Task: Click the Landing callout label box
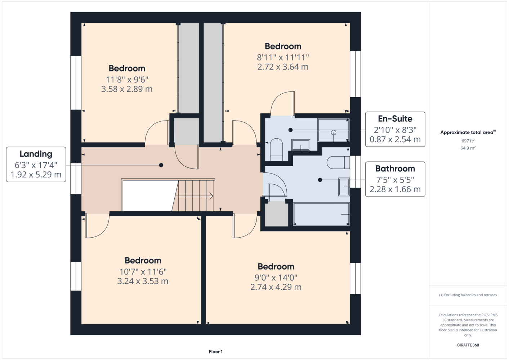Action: [x=36, y=165]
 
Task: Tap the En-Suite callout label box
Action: [x=395, y=129]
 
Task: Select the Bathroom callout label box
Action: [x=395, y=179]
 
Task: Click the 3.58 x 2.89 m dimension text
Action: [x=127, y=89]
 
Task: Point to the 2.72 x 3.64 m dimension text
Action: [x=283, y=67]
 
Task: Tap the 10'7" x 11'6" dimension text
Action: [x=143, y=272]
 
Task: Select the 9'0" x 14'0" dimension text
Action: [x=276, y=278]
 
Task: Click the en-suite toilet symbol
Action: [x=276, y=150]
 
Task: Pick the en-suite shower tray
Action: [x=333, y=130]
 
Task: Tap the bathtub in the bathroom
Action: [x=321, y=214]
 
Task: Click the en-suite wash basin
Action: [x=301, y=145]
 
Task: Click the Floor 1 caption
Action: [x=216, y=352]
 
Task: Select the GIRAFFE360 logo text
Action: [x=468, y=345]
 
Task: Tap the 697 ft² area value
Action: [x=468, y=141]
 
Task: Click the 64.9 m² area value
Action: [x=468, y=148]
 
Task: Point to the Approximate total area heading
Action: [x=468, y=132]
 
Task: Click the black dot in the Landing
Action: [x=161, y=165]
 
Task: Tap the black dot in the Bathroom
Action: [x=320, y=180]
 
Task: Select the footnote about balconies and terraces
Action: [x=468, y=295]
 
